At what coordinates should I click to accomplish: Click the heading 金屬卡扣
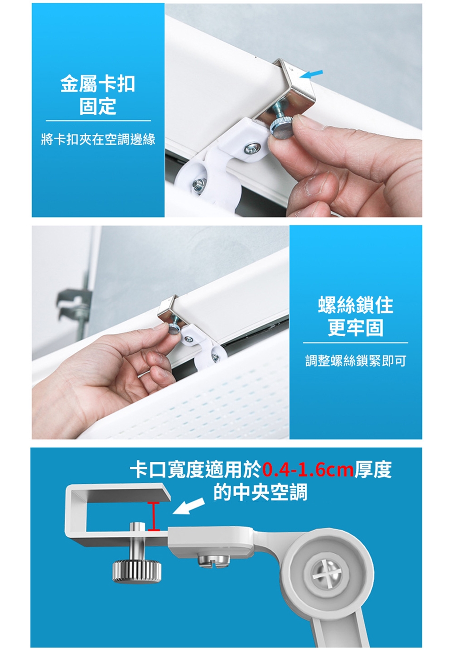[x=98, y=84]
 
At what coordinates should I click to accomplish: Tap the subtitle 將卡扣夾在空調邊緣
[x=98, y=140]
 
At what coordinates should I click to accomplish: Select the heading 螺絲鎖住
[x=355, y=305]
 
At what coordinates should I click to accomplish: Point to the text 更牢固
[x=356, y=327]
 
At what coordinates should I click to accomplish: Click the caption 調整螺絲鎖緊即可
[x=356, y=361]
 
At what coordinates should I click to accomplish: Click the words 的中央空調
[x=260, y=492]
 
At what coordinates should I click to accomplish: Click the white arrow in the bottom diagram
[x=189, y=506]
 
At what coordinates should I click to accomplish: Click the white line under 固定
[x=98, y=121]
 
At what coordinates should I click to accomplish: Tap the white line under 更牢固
[x=356, y=343]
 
